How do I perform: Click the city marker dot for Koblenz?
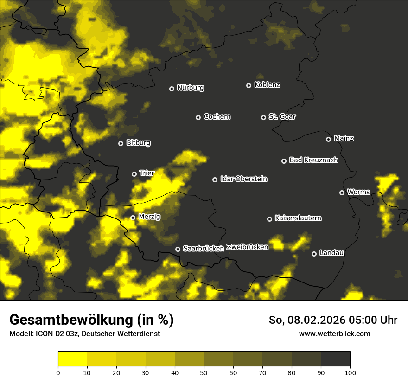click(249, 85)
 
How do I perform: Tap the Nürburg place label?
click(190, 88)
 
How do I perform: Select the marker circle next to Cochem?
click(198, 117)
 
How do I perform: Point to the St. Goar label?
click(282, 116)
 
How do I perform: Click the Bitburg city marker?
click(121, 143)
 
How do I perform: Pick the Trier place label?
click(147, 173)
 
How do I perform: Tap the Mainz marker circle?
click(328, 139)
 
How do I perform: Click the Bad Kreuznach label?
click(313, 160)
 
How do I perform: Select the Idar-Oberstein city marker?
click(215, 180)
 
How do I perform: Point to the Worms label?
click(358, 192)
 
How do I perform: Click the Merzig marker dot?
click(133, 218)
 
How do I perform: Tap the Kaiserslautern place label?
click(298, 218)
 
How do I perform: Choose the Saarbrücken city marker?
click(178, 249)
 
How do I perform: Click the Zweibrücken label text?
click(247, 247)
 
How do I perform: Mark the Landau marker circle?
click(314, 254)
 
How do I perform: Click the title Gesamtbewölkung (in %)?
click(91, 320)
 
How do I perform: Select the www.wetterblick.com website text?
click(334, 334)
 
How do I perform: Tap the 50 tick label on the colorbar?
click(204, 372)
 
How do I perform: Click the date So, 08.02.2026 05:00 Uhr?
click(333, 320)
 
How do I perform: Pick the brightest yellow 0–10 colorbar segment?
click(72, 359)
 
